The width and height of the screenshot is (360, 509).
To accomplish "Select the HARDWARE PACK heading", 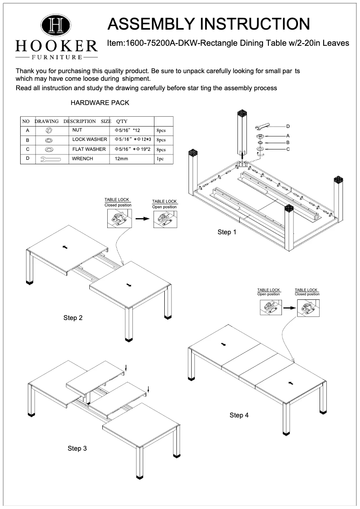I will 100,103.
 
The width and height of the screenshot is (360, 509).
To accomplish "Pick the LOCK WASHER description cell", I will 89,140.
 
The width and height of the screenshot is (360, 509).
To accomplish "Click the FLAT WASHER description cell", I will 89,149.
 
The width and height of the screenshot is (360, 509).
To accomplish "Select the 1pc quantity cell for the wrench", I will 160,159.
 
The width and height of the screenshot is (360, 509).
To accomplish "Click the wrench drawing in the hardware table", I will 50,159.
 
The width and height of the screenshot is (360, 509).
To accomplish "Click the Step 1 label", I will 227,232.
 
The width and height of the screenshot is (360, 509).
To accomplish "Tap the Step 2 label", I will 73,318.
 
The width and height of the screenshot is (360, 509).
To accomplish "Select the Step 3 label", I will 77,448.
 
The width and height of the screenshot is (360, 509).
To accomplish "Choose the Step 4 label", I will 239,415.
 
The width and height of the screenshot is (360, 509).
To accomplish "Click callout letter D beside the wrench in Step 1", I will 288,126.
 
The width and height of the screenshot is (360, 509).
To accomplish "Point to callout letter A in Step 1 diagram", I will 288,136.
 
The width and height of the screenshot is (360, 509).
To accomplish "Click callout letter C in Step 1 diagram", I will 288,149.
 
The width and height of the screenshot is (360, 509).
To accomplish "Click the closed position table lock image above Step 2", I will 118,219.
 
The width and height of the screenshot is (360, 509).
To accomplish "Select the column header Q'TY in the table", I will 122,121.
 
